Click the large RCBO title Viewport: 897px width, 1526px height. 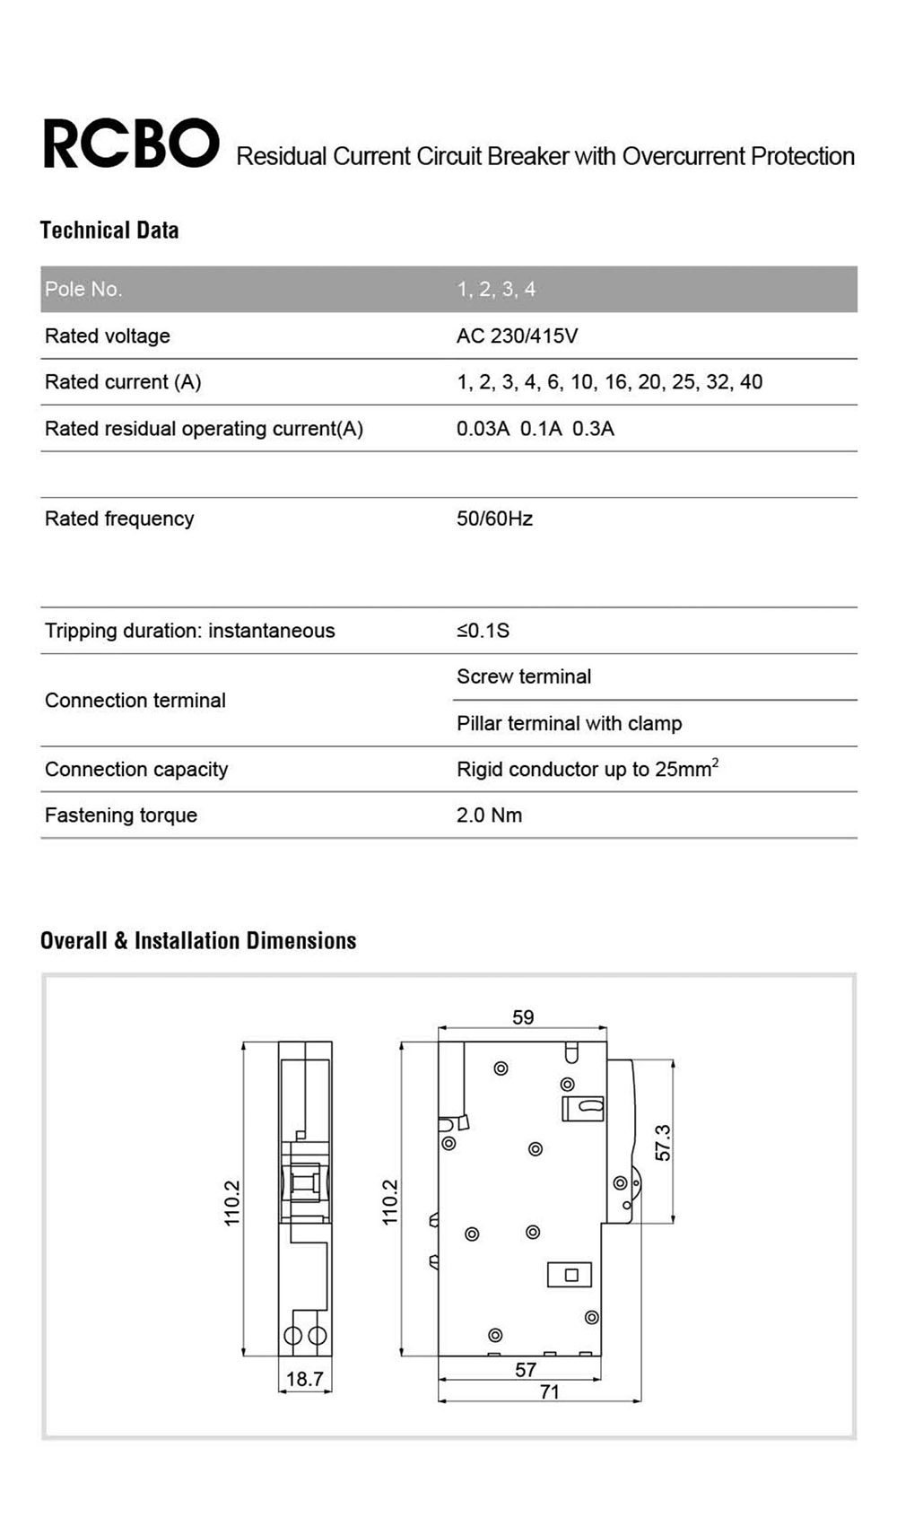131,144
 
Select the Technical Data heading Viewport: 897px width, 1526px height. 109,231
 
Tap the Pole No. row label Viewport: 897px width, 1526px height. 83,289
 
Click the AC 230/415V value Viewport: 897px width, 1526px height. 517,336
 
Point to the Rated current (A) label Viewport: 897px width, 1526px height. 123,382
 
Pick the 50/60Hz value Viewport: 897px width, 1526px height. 494,519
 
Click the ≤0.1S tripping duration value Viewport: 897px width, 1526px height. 483,631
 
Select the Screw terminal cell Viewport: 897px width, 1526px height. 524,676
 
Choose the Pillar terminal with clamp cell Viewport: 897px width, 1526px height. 569,723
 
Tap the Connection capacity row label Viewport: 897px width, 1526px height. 136,770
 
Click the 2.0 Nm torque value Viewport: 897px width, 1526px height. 489,815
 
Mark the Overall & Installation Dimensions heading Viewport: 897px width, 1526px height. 198,940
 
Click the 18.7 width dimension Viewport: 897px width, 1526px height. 304,1379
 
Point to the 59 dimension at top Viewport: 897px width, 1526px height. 523,1017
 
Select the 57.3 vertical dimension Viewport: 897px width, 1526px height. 663,1142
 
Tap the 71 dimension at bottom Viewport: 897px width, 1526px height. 549,1391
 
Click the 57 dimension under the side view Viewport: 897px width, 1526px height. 526,1370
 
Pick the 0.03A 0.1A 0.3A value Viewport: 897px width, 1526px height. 535,429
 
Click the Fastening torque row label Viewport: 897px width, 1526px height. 121,815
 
